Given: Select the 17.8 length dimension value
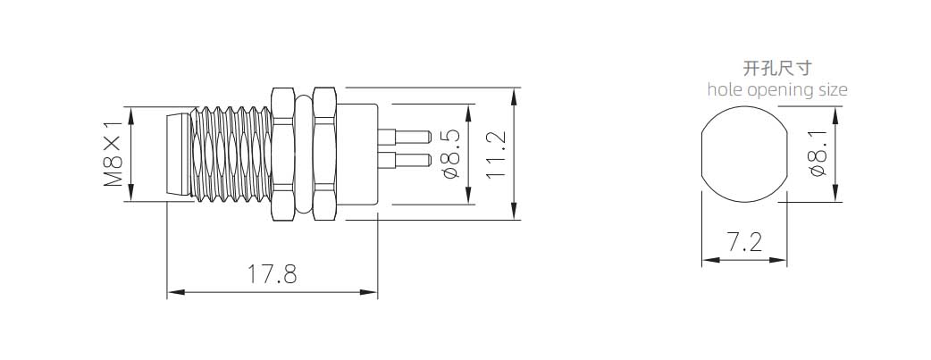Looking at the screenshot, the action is click(272, 274).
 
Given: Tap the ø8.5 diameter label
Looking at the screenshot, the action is click(451, 155).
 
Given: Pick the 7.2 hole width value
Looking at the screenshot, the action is click(744, 242).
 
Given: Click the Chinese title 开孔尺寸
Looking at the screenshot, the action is click(777, 68).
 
